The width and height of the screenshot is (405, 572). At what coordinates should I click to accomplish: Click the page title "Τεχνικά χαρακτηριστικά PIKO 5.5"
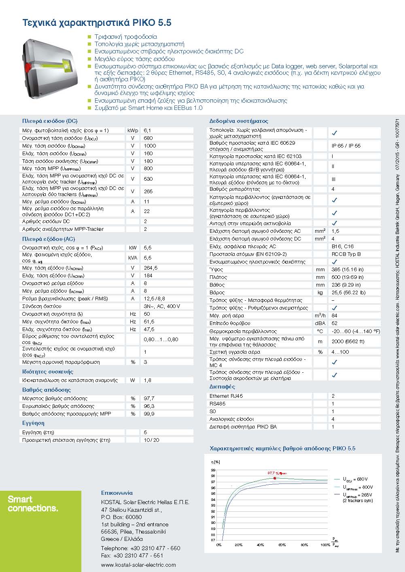tap(97, 23)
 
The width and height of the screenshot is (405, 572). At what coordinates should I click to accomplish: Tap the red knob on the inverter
tap(29, 65)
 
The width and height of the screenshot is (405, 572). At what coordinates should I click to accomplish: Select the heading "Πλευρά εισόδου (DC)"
tap(50, 121)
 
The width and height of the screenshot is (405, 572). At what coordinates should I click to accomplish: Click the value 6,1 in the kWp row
tap(147, 131)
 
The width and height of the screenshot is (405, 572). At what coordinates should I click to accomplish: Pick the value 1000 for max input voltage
tap(150, 146)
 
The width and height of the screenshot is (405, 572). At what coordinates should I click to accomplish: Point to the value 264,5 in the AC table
tap(151, 268)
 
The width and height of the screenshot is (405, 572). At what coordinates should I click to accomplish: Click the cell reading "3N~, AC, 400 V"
tap(162, 306)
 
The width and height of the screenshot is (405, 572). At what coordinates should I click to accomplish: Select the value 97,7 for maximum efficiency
tap(149, 399)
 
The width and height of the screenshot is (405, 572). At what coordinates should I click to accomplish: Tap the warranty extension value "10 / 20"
tap(151, 440)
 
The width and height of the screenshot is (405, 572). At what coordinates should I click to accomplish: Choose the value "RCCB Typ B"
tap(346, 254)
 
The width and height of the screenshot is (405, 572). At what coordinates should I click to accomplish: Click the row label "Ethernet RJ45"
tap(226, 396)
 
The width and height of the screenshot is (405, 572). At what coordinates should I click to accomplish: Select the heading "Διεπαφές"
tap(222, 387)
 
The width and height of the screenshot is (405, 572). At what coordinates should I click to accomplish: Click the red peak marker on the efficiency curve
tap(275, 478)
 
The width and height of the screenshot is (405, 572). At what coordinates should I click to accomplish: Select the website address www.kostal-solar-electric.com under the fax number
tap(138, 565)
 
